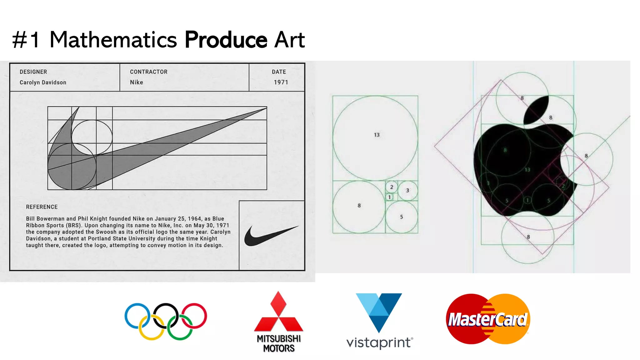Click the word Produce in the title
point(226,40)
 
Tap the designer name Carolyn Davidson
point(43,82)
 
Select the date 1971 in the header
point(281,82)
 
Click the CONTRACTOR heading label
point(148,72)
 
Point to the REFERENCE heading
point(42,207)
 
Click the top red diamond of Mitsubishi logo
point(278,304)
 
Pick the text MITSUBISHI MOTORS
point(278,343)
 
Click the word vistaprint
point(379,342)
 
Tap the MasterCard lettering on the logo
point(487,320)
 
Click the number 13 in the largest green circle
point(377,135)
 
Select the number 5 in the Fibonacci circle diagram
point(402,217)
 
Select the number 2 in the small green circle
point(392,187)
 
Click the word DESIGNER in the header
point(33,72)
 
